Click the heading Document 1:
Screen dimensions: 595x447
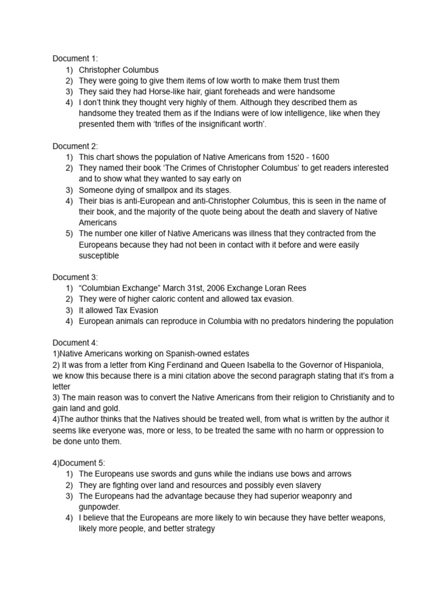pyautogui.click(x=76, y=58)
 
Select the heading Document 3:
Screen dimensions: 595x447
pyautogui.click(x=76, y=277)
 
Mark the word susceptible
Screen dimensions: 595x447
pyautogui.click(x=99, y=256)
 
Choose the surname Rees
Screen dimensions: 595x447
pyautogui.click(x=296, y=288)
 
